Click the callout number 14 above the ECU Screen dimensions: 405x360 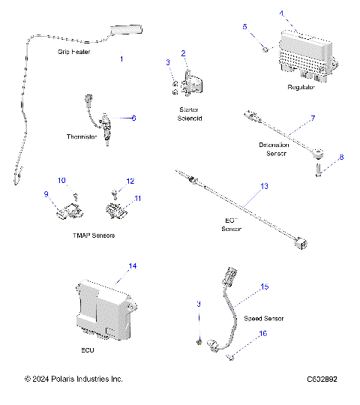pyautogui.click(x=132, y=266)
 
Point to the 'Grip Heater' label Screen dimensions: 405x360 pyautogui.click(x=73, y=53)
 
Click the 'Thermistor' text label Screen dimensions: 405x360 pyautogui.click(x=81, y=137)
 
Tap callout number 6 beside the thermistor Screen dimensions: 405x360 pyautogui.click(x=133, y=118)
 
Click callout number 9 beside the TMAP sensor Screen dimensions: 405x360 pyautogui.click(x=46, y=194)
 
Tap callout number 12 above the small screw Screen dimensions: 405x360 pyautogui.click(x=130, y=181)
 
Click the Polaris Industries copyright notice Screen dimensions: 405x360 pyautogui.click(x=73, y=379)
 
